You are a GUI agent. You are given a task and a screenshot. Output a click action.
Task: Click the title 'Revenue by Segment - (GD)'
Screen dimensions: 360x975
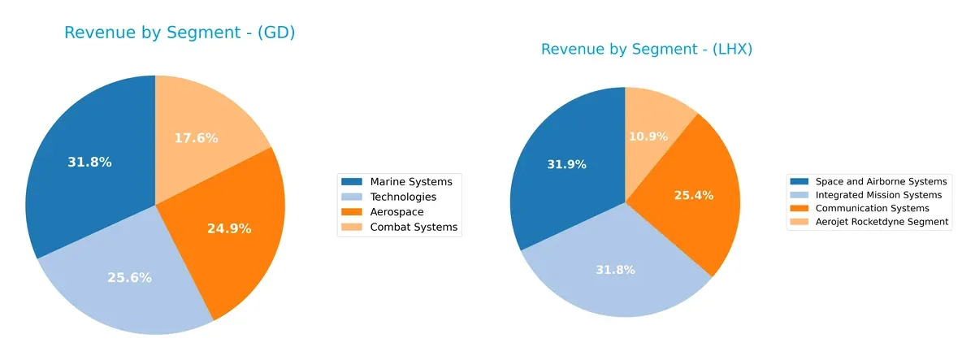tap(179, 33)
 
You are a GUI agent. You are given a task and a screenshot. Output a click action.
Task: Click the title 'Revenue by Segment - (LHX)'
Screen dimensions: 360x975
tap(647, 50)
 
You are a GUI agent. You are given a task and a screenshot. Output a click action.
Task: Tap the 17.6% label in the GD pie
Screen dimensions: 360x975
tap(196, 138)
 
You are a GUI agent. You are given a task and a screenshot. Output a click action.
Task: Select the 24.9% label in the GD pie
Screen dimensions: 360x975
tap(229, 228)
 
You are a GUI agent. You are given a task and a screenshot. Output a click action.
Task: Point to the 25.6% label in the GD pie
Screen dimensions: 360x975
tap(129, 277)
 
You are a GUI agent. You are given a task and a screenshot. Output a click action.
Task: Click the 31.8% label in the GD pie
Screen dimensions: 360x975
tap(89, 162)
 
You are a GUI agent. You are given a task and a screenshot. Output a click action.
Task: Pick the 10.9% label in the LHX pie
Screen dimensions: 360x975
tap(648, 136)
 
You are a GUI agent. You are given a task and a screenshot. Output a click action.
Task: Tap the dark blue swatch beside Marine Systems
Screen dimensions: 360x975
tap(353, 181)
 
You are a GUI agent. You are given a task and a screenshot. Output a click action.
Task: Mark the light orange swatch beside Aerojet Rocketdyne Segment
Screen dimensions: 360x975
tap(801, 221)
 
